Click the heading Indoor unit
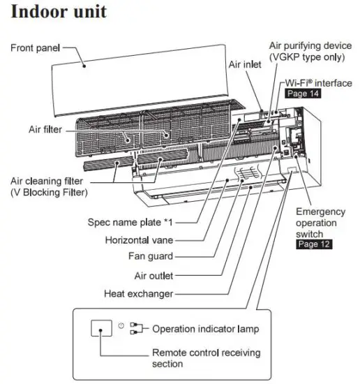60,12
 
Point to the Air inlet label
245,64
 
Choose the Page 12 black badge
314,244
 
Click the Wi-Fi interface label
318,82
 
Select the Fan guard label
149,258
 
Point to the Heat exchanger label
138,293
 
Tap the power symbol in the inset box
121,325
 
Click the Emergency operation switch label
320,223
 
